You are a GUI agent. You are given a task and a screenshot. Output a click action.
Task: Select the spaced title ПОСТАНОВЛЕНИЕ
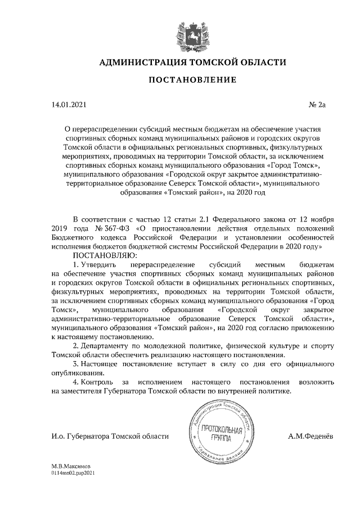tap(192, 80)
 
